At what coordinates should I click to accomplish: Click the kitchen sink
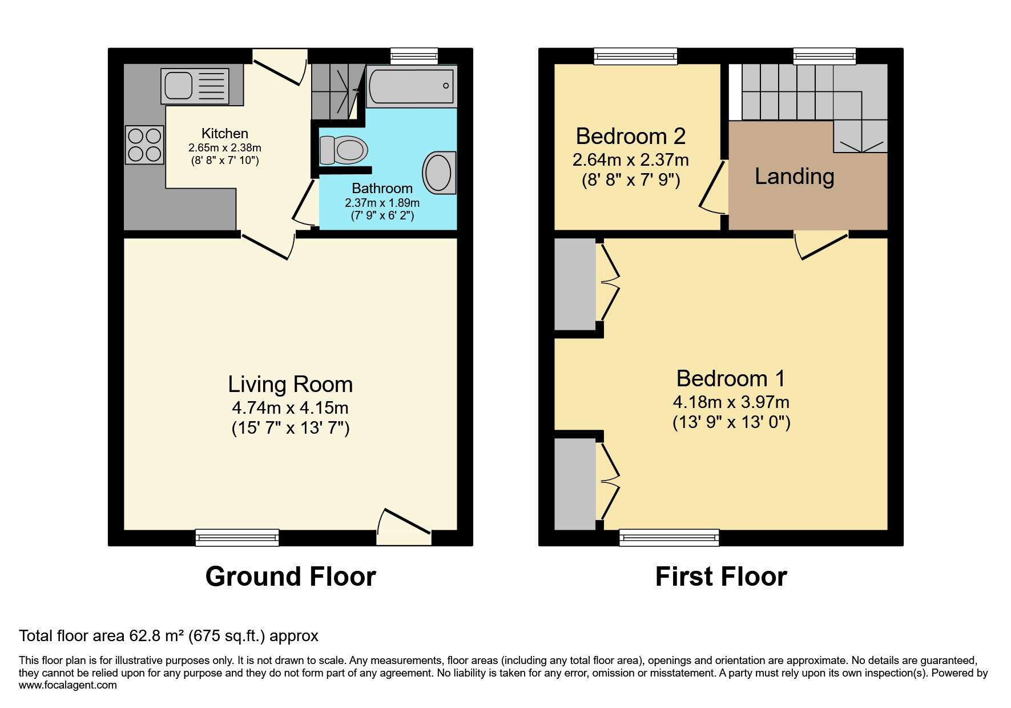(x=195, y=86)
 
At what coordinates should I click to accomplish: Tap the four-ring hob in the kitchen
(x=144, y=145)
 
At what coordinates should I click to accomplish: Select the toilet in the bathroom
(x=343, y=150)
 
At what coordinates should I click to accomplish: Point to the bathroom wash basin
(x=439, y=172)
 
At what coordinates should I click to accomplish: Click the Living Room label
(x=290, y=385)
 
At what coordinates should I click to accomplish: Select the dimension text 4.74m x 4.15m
(x=290, y=408)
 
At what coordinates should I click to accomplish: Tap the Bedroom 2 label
(x=630, y=137)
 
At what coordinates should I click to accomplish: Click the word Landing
(x=794, y=177)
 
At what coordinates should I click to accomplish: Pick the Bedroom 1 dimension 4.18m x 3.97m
(x=731, y=402)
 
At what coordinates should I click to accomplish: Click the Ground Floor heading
(x=290, y=577)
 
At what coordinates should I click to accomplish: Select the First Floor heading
(x=720, y=577)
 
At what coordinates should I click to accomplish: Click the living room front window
(x=237, y=537)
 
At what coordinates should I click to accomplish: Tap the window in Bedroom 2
(x=635, y=55)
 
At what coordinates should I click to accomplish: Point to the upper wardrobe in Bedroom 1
(x=575, y=284)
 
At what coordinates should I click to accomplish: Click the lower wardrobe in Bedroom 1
(x=575, y=483)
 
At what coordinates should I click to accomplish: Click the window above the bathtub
(x=414, y=55)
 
